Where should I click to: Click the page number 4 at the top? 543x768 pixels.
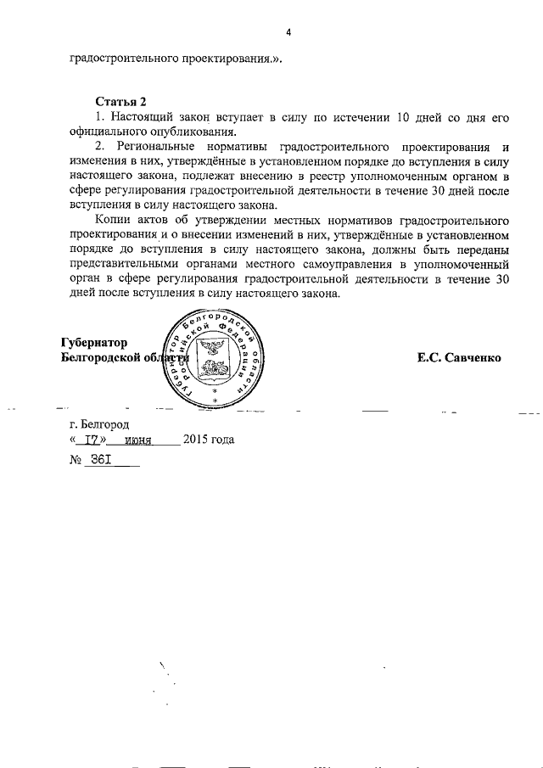[x=288, y=32]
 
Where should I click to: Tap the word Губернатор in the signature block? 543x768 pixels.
[x=94, y=343]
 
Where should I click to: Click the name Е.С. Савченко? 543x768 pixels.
[x=458, y=357]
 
